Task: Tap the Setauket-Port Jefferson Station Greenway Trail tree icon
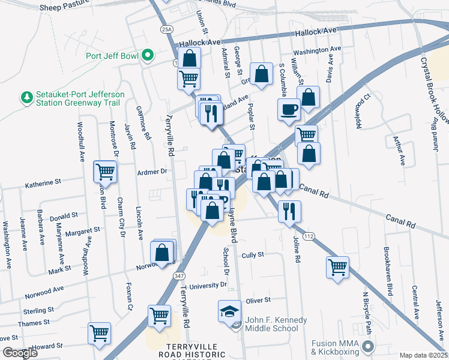click(26, 97)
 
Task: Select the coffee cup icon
click(289, 110)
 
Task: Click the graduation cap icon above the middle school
click(229, 311)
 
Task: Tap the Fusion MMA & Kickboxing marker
click(368, 347)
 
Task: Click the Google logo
click(20, 353)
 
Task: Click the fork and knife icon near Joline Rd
click(289, 211)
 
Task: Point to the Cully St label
click(253, 255)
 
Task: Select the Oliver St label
click(259, 299)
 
